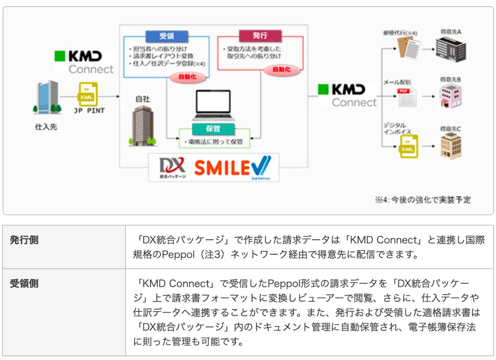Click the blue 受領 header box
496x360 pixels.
166,36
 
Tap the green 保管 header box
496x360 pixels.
213,129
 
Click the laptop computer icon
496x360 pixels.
213,106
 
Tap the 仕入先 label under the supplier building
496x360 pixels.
46,127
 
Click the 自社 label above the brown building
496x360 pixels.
143,99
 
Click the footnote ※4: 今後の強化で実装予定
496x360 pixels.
422,200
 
